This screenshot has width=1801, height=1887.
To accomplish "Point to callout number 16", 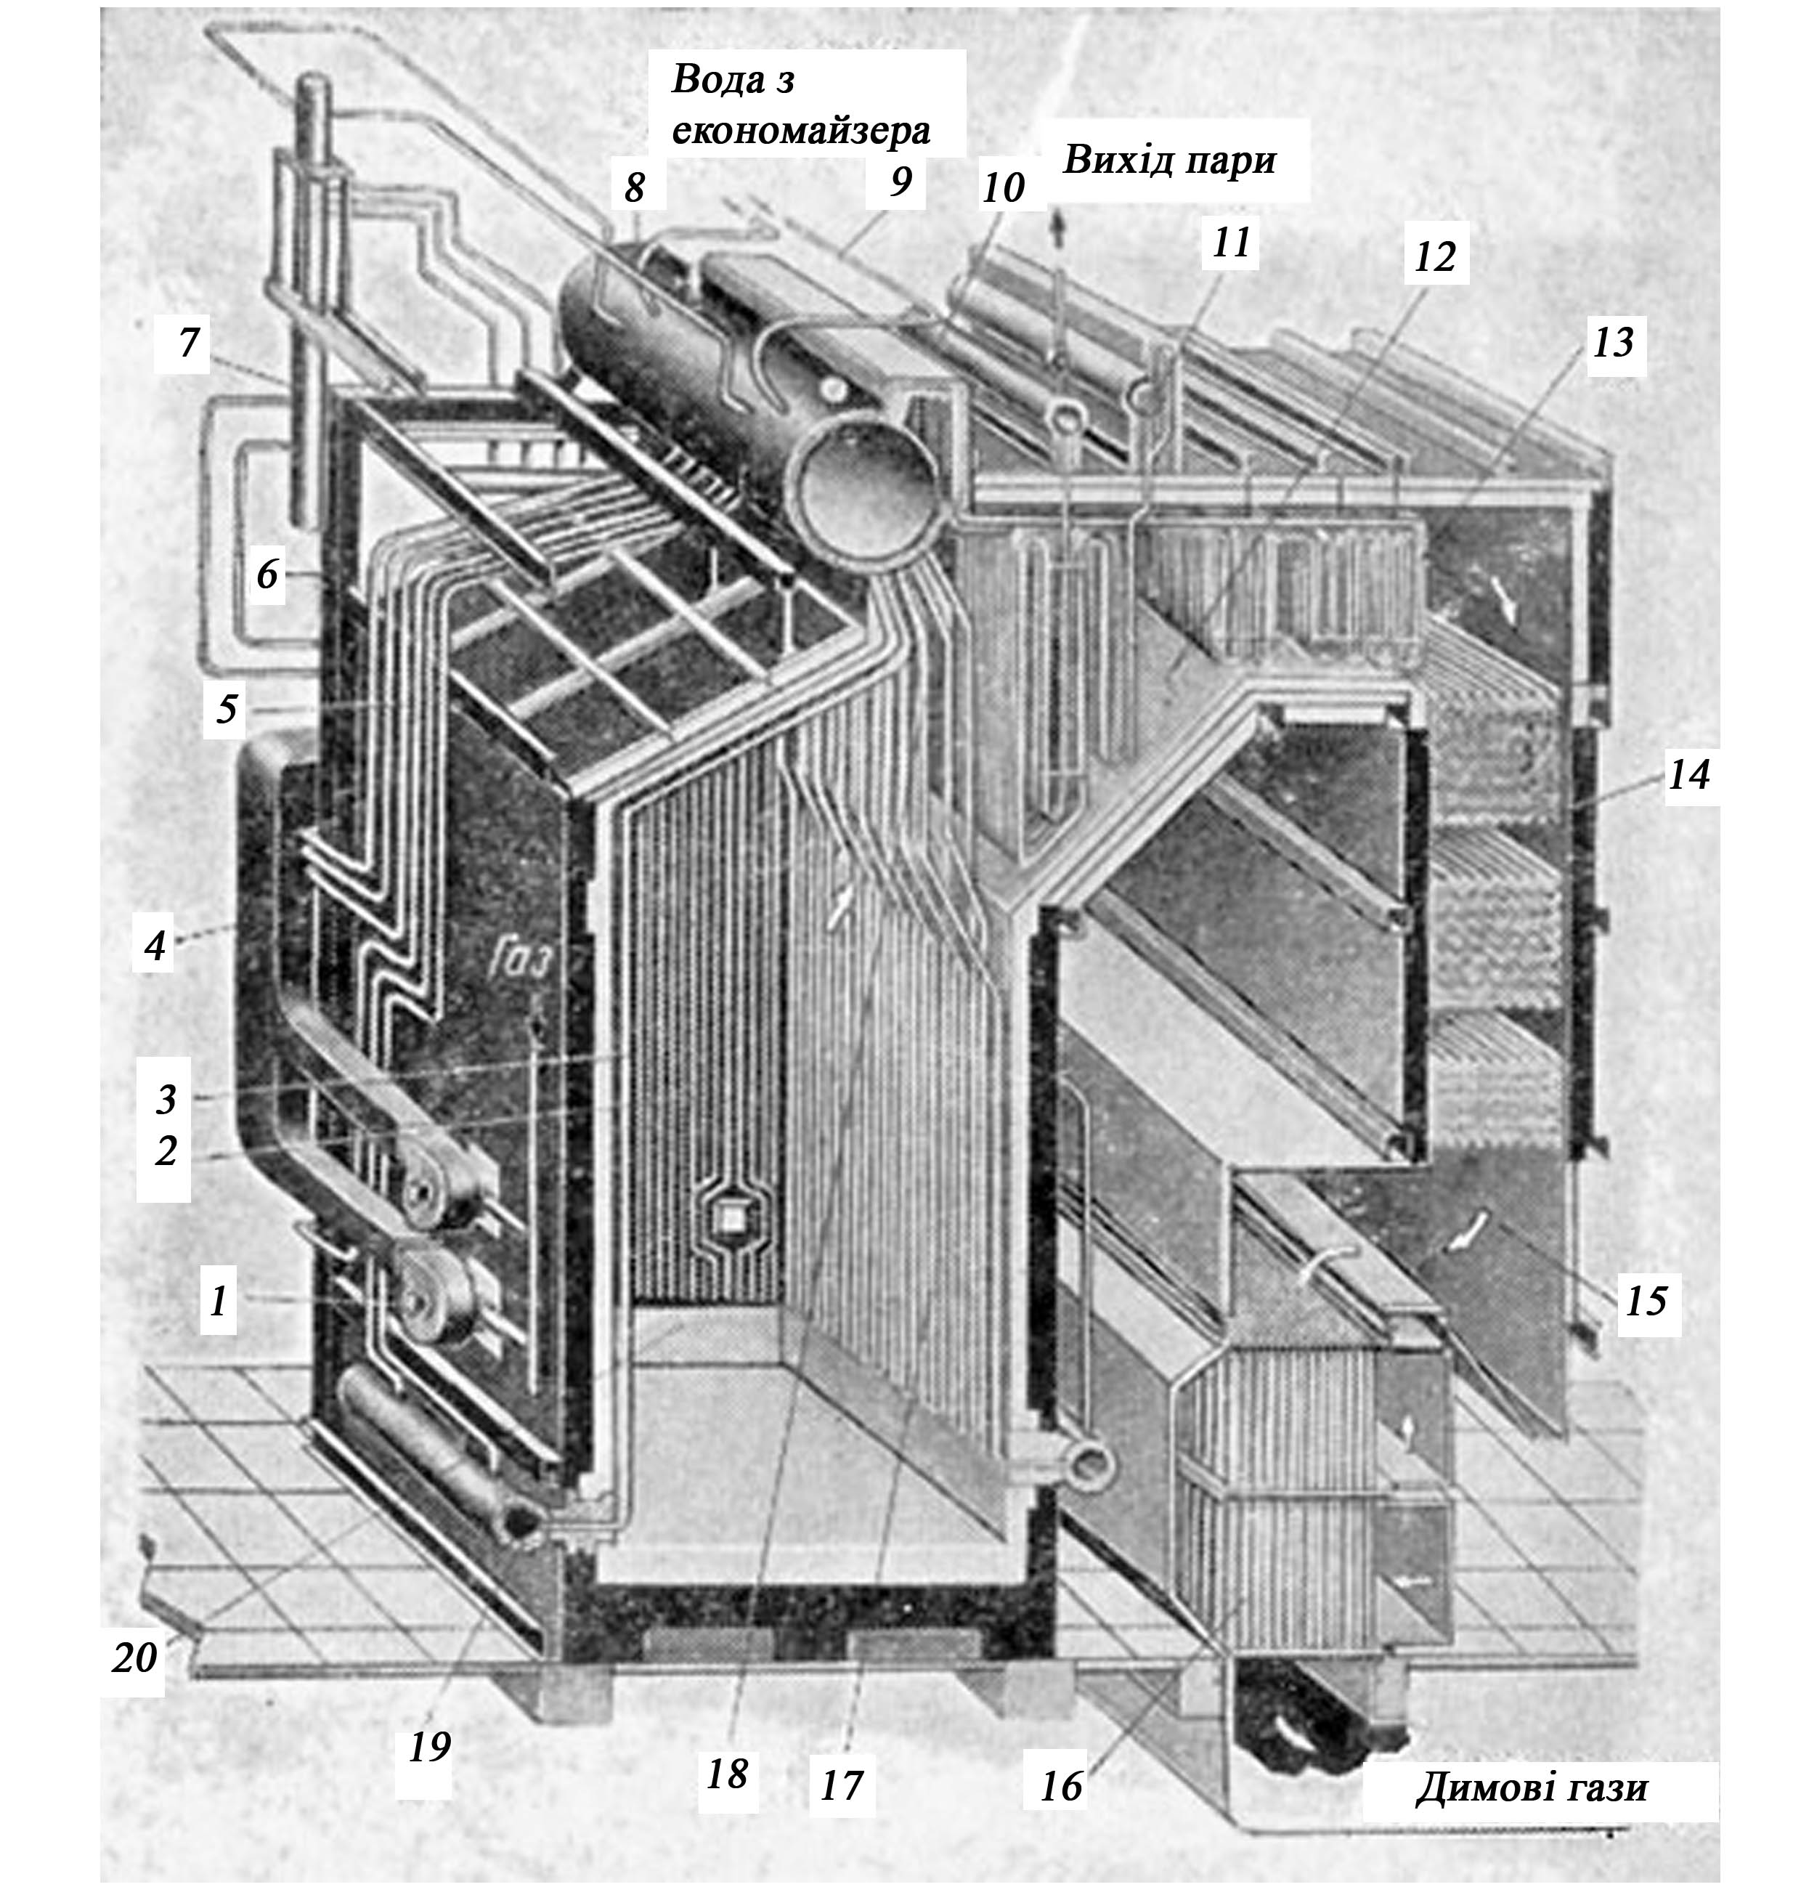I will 1061,1785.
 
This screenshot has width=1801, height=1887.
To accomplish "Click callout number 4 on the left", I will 155,946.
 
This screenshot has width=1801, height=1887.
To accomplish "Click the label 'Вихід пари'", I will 1169,161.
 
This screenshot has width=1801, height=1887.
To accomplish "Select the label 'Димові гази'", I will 1532,1788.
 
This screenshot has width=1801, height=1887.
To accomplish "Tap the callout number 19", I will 429,1747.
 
